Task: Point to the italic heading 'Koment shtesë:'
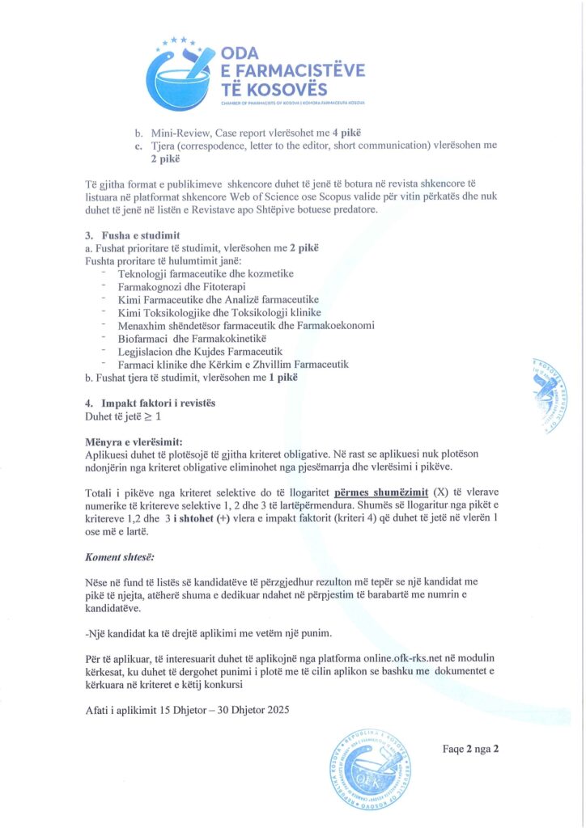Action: tap(119, 558)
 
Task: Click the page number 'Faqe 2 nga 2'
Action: tap(470, 748)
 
